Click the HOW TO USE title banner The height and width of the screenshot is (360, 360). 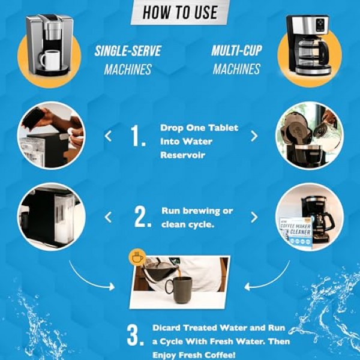(x=179, y=11)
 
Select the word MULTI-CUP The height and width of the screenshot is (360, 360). (x=236, y=51)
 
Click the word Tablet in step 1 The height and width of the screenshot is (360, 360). (x=223, y=128)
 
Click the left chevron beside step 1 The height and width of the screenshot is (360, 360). (x=108, y=136)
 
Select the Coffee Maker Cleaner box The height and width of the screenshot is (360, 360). (x=296, y=232)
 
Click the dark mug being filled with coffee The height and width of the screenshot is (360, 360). (x=179, y=290)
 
